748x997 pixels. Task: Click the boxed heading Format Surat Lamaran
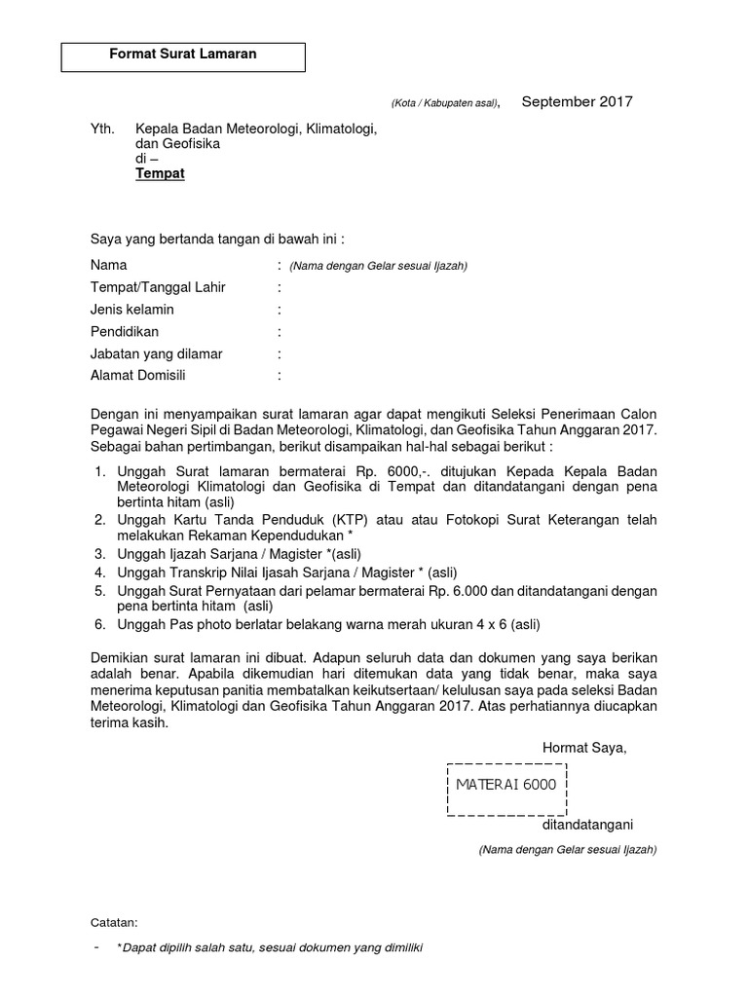click(x=183, y=55)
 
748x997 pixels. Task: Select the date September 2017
click(x=578, y=101)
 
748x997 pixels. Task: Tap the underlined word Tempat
click(x=160, y=174)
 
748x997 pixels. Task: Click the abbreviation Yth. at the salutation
click(x=102, y=129)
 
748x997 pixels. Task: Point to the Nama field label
click(x=108, y=265)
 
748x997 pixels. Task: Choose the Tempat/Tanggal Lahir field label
click(x=158, y=287)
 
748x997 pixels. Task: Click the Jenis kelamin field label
click(x=132, y=310)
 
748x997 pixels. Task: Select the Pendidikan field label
click(x=125, y=332)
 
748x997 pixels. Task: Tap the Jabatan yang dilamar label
click(x=156, y=354)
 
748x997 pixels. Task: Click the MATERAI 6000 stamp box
click(x=506, y=785)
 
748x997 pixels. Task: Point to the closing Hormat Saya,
click(x=584, y=748)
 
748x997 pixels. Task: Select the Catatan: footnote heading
click(x=114, y=922)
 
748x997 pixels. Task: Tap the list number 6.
click(x=99, y=624)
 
